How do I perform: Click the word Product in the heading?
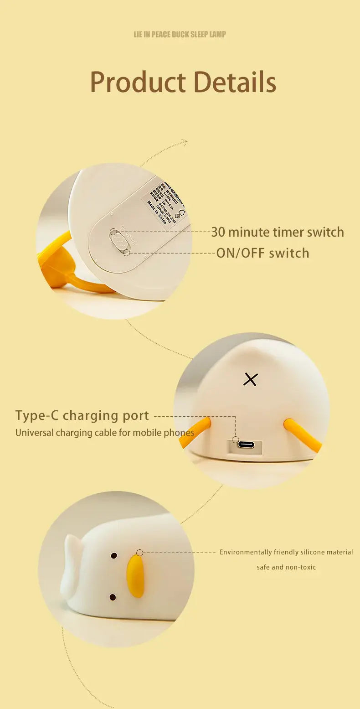(138, 83)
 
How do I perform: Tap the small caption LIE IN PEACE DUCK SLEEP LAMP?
(180, 34)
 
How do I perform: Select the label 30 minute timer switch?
(277, 232)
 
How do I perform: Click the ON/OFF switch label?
(262, 253)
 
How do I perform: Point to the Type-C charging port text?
(82, 415)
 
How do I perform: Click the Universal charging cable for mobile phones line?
(105, 432)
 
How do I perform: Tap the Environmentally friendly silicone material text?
(286, 552)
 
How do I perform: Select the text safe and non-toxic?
(286, 567)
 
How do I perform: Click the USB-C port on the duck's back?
(246, 445)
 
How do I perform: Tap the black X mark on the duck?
(250, 379)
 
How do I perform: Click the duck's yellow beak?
(135, 576)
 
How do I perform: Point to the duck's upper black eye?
(114, 556)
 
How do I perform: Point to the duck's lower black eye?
(113, 597)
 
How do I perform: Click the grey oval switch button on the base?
(118, 240)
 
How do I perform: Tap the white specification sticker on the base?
(165, 201)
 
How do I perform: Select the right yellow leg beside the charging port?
(302, 435)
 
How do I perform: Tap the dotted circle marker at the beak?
(139, 553)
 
